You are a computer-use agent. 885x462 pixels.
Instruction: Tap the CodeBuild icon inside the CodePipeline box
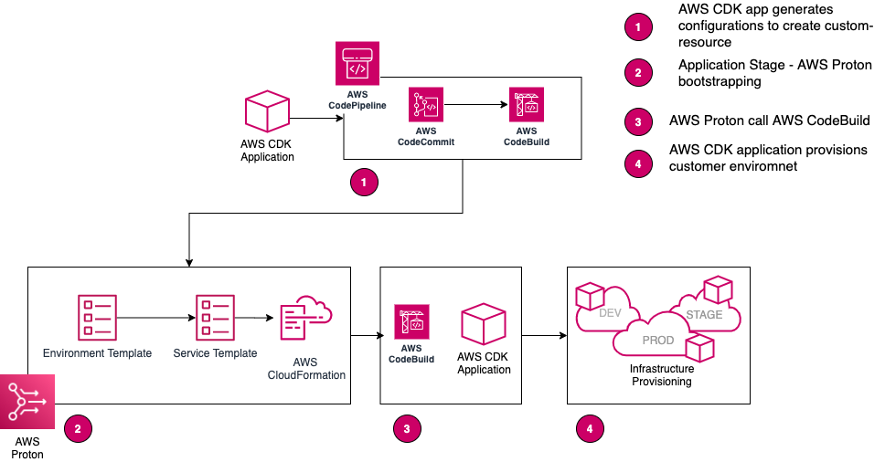coord(526,105)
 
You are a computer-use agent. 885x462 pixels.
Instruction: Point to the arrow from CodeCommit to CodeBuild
coord(475,105)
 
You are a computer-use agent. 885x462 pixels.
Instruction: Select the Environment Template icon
coord(97,317)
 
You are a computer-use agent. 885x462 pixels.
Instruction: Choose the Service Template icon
coord(215,317)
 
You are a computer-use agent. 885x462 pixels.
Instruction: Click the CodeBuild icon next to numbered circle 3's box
coord(411,322)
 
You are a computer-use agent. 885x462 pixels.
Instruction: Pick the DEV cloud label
coord(611,314)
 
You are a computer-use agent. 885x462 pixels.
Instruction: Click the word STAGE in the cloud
coord(704,314)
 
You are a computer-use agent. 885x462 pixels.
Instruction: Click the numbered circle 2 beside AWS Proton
coord(78,426)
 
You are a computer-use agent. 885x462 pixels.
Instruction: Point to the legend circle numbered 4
coord(638,164)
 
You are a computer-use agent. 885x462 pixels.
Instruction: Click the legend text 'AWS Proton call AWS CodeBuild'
coord(769,121)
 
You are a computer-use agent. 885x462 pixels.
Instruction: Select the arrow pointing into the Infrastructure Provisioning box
coord(544,336)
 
